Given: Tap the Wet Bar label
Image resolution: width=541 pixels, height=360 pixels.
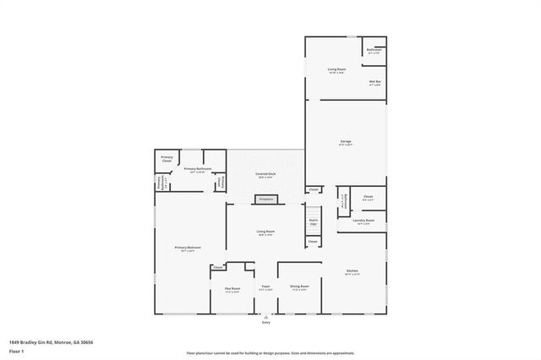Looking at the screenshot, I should click(374, 83).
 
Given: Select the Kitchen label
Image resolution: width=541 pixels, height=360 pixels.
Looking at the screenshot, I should click(352, 273).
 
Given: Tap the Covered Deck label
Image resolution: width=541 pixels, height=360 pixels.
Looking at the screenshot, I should click(266, 175).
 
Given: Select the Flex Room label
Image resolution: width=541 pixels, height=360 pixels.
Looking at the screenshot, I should click(232, 290).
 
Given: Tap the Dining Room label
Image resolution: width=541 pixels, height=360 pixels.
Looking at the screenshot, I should click(299, 287).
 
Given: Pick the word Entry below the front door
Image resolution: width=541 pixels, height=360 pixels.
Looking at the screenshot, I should click(265, 322).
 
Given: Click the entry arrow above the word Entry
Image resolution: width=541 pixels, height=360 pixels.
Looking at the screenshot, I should click(265, 317).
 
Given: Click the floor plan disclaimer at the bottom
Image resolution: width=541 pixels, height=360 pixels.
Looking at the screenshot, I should click(270, 352).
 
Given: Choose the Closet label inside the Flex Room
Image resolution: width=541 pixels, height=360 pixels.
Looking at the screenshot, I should click(218, 268).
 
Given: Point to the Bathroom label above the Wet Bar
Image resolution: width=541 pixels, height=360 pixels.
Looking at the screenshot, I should click(374, 51).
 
